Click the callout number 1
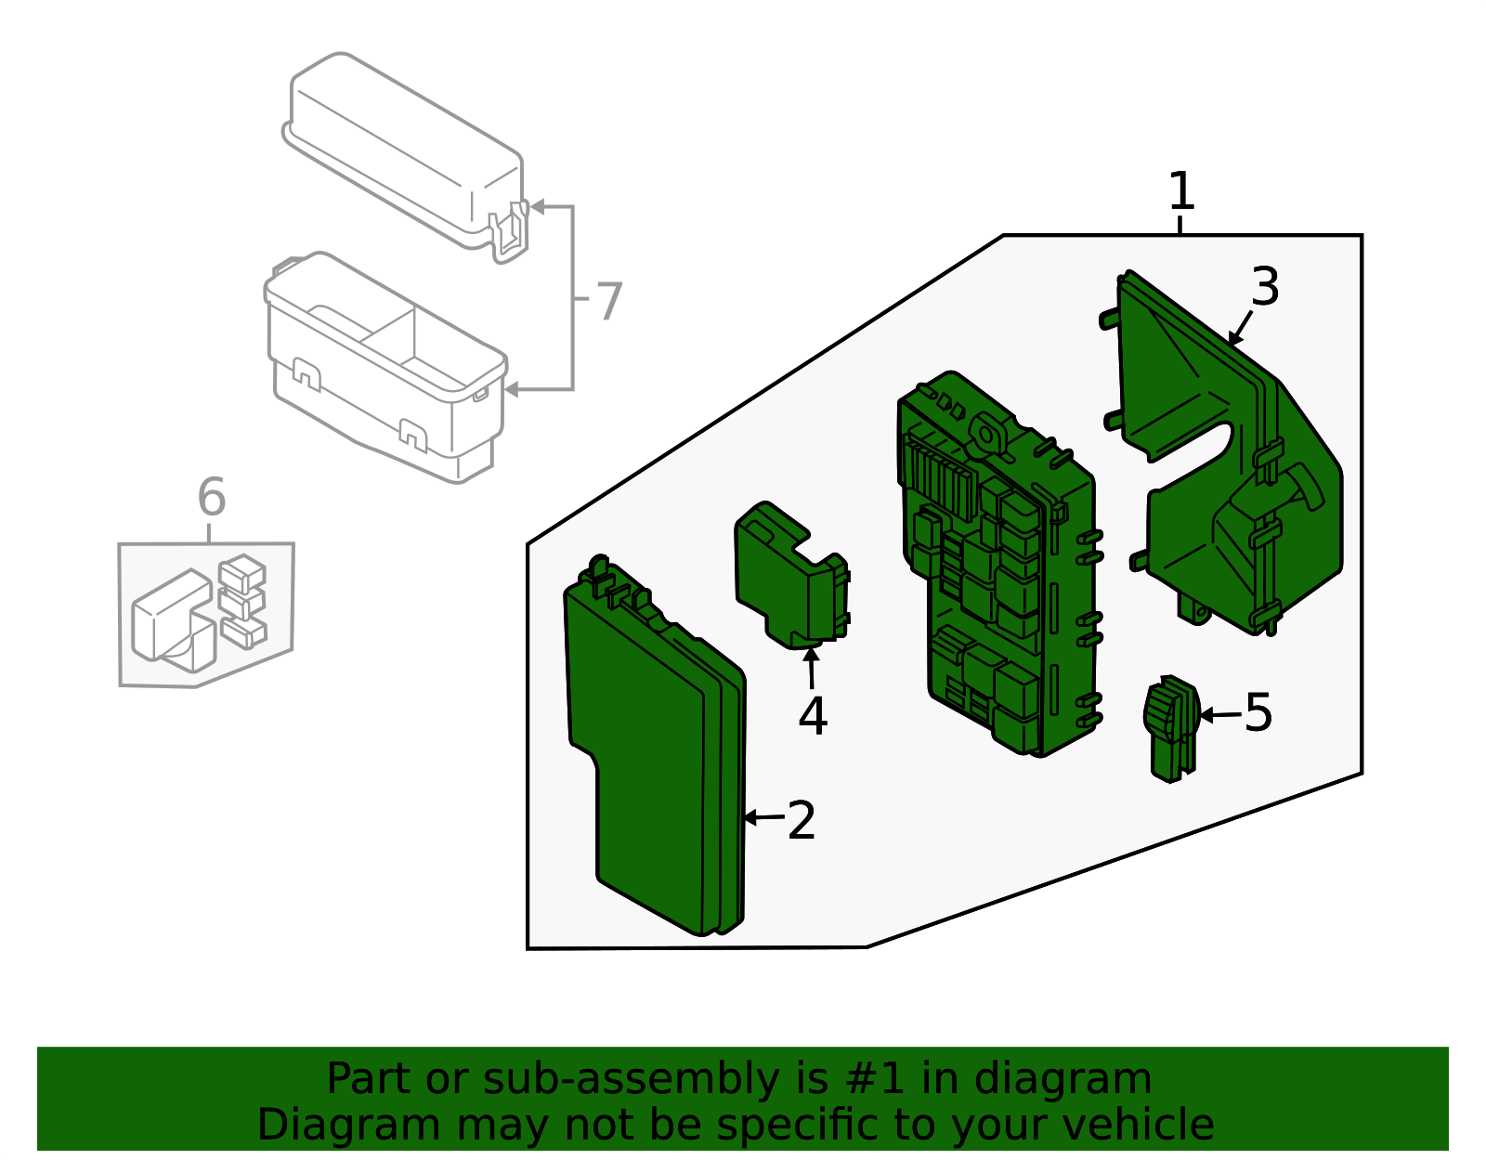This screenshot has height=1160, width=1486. pyautogui.click(x=1180, y=191)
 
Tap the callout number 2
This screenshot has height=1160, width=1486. pyautogui.click(x=802, y=820)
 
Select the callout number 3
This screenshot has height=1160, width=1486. pyautogui.click(x=1265, y=287)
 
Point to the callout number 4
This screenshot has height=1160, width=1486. pyautogui.click(x=813, y=716)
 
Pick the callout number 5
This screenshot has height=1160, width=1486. pyautogui.click(x=1258, y=713)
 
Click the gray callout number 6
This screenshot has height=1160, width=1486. pyautogui.click(x=212, y=498)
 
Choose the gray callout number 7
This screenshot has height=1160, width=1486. pyautogui.click(x=608, y=302)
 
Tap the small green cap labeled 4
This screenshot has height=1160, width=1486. pyautogui.click(x=789, y=576)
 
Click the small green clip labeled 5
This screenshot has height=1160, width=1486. pyautogui.click(x=1170, y=729)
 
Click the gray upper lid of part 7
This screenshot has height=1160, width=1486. pyautogui.click(x=404, y=149)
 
